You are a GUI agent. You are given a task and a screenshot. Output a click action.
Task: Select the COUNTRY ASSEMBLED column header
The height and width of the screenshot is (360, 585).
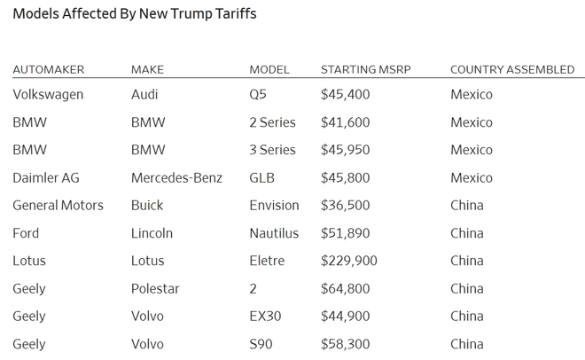coord(512,69)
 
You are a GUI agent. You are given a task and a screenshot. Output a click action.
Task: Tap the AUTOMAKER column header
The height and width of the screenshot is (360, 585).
coord(49,69)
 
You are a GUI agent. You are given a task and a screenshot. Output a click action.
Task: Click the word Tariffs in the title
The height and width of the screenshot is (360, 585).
coord(233,14)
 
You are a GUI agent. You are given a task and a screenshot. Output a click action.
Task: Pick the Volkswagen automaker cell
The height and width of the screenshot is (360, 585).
coord(48,94)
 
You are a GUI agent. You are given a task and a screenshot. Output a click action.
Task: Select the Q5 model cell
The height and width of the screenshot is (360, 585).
coord(259,94)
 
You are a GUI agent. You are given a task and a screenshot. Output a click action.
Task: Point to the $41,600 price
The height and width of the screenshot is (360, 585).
coord(345,122)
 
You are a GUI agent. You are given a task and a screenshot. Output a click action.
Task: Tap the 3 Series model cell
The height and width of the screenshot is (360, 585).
coord(272,150)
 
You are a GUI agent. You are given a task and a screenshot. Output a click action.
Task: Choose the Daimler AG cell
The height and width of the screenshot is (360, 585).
coord(46,177)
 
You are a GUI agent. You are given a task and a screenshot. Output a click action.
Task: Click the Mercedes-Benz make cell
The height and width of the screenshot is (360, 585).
coord(176,177)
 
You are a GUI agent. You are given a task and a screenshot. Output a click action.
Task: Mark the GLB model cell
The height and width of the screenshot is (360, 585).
coord(262,177)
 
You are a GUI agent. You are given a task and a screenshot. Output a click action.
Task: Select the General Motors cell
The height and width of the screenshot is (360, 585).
coord(58,205)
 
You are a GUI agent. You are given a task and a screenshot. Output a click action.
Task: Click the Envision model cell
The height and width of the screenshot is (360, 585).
coord(274,205)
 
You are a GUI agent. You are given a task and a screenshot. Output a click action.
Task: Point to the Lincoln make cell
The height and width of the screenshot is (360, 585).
coord(152,233)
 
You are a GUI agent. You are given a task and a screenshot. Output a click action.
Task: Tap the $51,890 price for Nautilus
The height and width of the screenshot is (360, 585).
coord(345,233)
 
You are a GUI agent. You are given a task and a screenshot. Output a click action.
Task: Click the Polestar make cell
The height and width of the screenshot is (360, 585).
coord(155,288)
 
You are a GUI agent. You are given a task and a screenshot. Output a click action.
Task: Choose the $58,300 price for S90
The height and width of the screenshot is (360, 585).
coord(345,343)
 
